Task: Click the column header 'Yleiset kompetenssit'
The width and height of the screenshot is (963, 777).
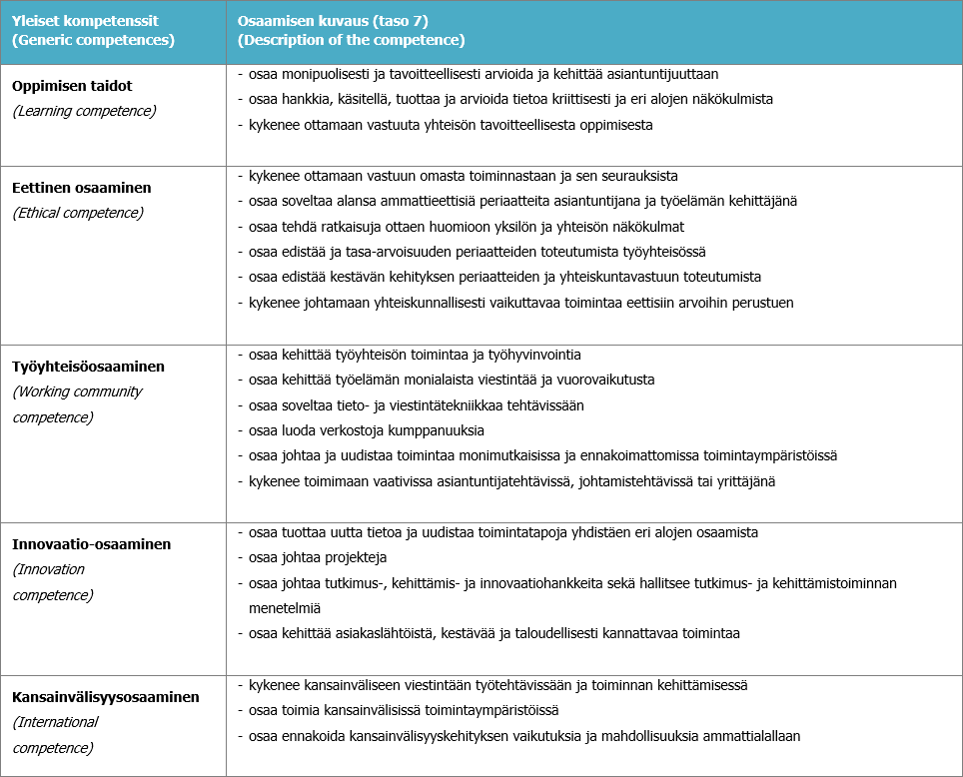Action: click(86, 20)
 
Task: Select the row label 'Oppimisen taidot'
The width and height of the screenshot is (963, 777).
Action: click(72, 86)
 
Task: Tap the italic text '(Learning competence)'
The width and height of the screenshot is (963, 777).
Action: click(84, 111)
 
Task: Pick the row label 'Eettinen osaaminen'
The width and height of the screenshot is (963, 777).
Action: click(82, 188)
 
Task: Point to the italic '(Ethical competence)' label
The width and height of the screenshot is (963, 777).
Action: click(78, 213)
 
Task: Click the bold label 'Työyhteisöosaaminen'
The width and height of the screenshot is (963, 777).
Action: click(88, 367)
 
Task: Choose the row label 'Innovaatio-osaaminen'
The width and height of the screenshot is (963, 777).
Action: click(92, 544)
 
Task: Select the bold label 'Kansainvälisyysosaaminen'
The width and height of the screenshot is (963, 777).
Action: click(106, 697)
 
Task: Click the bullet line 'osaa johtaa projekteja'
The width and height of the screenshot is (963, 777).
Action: click(318, 558)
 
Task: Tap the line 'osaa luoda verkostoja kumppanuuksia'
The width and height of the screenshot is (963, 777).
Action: click(366, 430)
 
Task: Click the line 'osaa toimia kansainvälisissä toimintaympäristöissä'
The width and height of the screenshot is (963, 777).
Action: click(403, 710)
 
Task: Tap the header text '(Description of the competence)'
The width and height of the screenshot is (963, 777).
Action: click(351, 41)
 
